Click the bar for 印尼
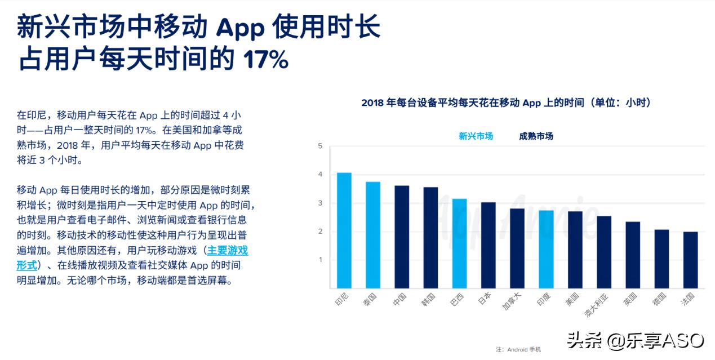point(344,230)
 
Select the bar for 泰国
point(373,235)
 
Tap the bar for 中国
point(402,237)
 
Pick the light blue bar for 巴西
point(460,243)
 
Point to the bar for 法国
point(690,260)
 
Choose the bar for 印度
point(546,249)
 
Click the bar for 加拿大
point(517,248)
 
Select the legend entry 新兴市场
point(476,136)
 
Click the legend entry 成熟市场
point(536,136)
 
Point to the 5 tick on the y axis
point(320,146)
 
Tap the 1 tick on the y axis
point(320,260)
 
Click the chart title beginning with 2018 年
point(506,103)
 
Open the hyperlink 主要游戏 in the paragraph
point(227,251)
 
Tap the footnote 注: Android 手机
point(518,349)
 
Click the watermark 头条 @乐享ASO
point(635,340)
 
